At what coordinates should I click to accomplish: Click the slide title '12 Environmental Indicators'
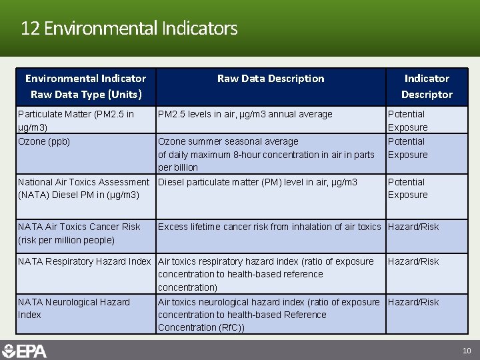(x=129, y=29)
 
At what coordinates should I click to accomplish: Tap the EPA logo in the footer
(x=25, y=350)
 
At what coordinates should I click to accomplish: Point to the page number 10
(x=467, y=351)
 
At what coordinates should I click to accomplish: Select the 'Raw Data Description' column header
(x=271, y=79)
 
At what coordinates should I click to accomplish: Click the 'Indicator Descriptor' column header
(x=427, y=87)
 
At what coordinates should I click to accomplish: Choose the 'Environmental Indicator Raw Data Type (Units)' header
(x=85, y=87)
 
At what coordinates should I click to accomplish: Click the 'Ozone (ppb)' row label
(x=44, y=141)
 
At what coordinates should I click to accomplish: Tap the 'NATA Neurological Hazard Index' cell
(x=74, y=308)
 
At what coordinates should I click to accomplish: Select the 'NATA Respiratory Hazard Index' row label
(x=85, y=261)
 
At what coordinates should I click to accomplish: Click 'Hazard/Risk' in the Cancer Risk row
(x=413, y=227)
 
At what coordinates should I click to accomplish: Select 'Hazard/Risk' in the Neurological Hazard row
(x=413, y=302)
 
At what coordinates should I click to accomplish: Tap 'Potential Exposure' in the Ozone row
(x=408, y=148)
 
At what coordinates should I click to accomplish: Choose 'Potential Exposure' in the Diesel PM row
(x=408, y=188)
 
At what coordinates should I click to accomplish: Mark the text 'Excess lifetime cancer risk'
(x=213, y=227)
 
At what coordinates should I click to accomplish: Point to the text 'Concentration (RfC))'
(x=201, y=327)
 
